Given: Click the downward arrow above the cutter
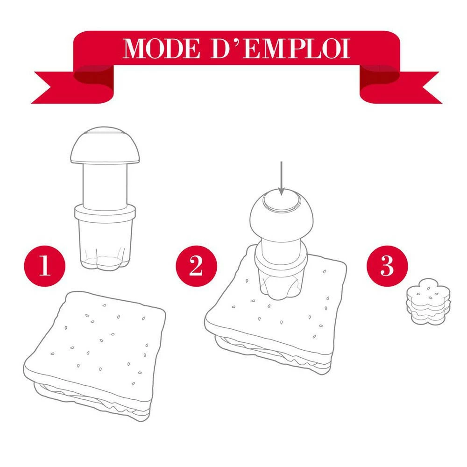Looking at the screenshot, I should tap(281, 177).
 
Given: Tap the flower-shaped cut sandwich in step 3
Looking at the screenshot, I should tap(428, 303).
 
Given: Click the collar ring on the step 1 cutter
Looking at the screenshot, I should tap(106, 215).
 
